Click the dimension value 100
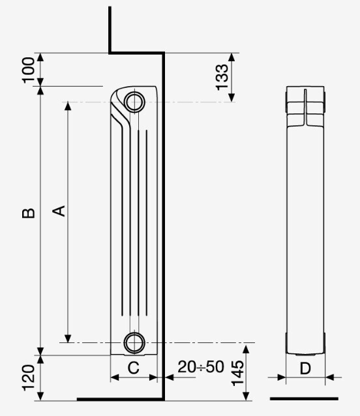[x=29, y=70]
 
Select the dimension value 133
[x=222, y=77]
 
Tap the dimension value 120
[x=29, y=378]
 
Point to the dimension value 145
[x=237, y=373]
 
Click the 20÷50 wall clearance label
[x=201, y=367]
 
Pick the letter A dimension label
[x=59, y=211]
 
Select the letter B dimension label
[x=29, y=213]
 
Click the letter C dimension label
[x=134, y=368]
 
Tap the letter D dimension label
[x=305, y=368]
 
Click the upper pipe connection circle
[x=134, y=92]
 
